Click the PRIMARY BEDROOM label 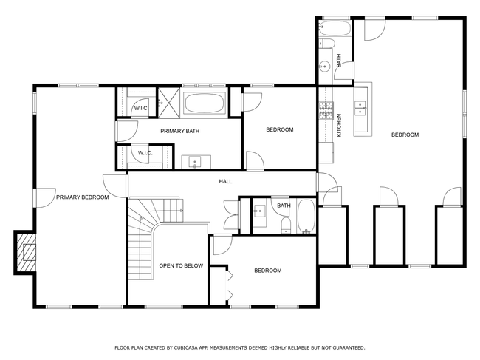(x=83, y=197)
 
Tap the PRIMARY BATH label (x=180, y=131)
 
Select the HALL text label (x=226, y=181)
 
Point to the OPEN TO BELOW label (x=181, y=265)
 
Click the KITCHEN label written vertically (x=339, y=126)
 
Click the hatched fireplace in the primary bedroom (x=26, y=253)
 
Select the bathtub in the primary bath (x=205, y=103)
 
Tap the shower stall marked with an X (x=169, y=103)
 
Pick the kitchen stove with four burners (x=326, y=111)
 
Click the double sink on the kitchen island (x=360, y=108)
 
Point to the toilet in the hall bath (x=286, y=225)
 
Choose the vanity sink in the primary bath (x=195, y=162)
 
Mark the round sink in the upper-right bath (x=324, y=67)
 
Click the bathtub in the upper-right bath (x=335, y=28)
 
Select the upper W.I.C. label (x=142, y=109)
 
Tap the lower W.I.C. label (x=145, y=153)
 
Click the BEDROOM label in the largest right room (x=405, y=135)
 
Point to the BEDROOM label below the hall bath (x=268, y=271)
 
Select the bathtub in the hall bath (x=306, y=217)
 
